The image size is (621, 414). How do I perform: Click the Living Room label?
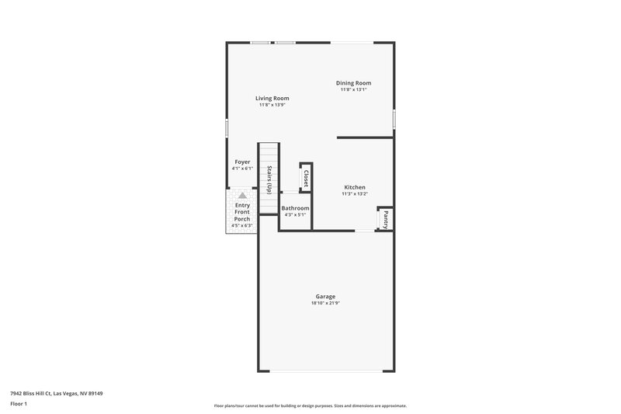[x=272, y=99]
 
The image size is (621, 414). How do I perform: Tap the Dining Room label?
[x=353, y=83]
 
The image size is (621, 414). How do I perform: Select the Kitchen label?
[x=355, y=187]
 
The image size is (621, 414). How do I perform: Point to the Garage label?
[x=325, y=297]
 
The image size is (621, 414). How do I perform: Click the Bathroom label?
[x=295, y=208]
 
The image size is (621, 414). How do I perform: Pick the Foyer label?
[x=242, y=162]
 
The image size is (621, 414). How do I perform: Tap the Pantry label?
[x=385, y=220]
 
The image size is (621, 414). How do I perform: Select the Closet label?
[x=306, y=178]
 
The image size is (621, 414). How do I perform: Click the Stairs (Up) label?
[x=269, y=179]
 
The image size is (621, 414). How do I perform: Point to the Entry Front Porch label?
[x=242, y=212]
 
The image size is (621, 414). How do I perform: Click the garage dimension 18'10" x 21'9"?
[x=325, y=303]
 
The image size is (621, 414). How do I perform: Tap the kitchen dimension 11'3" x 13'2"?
[x=354, y=194]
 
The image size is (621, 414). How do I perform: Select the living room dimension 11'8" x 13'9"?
[x=272, y=105]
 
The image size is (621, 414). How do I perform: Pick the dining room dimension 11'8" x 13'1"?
[x=353, y=89]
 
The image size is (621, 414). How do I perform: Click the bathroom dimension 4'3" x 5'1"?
[x=295, y=214]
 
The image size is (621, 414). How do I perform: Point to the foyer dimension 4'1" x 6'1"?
[x=242, y=169]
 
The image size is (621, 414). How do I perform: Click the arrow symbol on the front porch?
[x=242, y=197]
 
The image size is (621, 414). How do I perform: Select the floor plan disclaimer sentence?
[x=310, y=405]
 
